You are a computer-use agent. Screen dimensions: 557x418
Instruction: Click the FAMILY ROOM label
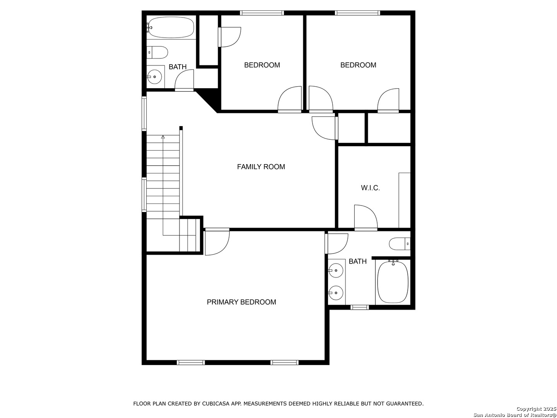(x=261, y=167)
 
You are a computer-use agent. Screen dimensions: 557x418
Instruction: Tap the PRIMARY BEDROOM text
(x=241, y=302)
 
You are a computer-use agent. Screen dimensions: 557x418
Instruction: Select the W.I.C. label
(x=370, y=188)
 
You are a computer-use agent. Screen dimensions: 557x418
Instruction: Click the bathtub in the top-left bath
(x=171, y=27)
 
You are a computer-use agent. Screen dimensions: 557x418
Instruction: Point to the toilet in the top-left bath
(x=157, y=53)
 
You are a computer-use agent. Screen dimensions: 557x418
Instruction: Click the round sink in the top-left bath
(x=155, y=77)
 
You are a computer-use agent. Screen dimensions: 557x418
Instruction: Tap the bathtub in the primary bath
(x=393, y=282)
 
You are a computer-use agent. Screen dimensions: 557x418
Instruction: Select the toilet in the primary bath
(x=400, y=244)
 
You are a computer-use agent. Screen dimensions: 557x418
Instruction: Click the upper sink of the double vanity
(x=336, y=271)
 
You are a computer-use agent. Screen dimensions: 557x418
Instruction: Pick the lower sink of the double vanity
(x=336, y=293)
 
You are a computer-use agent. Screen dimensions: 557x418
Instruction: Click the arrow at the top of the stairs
(x=163, y=137)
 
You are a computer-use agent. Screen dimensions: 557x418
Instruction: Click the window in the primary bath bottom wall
(x=360, y=307)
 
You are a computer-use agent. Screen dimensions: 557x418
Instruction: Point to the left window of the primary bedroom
(x=191, y=362)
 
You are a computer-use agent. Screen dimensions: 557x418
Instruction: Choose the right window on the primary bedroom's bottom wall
(x=284, y=362)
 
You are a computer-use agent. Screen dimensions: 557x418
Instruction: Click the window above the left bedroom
(x=262, y=13)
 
